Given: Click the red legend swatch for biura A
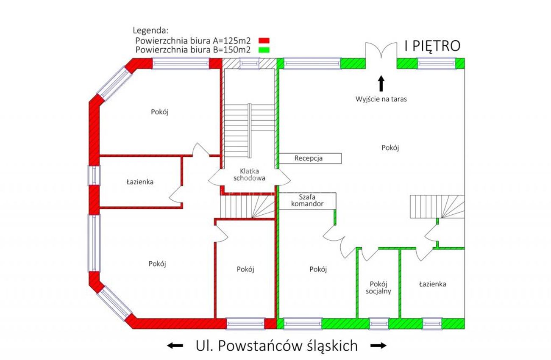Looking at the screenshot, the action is [264, 41].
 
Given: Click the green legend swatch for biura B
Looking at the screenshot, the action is [264, 50].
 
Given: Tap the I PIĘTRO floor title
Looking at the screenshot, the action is [433, 46].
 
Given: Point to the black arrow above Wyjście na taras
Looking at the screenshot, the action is [381, 83].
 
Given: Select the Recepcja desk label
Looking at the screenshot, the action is [309, 158].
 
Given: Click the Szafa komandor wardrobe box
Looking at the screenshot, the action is [307, 201].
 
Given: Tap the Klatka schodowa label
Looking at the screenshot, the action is [249, 174].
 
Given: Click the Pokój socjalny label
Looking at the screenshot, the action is [378, 288].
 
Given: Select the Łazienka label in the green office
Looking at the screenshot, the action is [432, 284].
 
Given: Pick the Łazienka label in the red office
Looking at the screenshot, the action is [140, 182].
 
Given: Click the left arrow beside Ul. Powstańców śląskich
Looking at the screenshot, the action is [175, 346].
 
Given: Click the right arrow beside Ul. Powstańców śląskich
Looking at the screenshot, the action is [378, 346].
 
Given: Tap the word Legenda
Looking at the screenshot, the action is [150, 30].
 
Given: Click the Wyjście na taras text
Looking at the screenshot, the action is [381, 99].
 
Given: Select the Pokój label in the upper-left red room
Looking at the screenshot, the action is [160, 112].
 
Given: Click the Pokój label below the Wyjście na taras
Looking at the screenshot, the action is [390, 148].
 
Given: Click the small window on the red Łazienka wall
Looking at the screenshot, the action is [94, 175].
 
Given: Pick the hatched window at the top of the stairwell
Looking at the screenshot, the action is [249, 64].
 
